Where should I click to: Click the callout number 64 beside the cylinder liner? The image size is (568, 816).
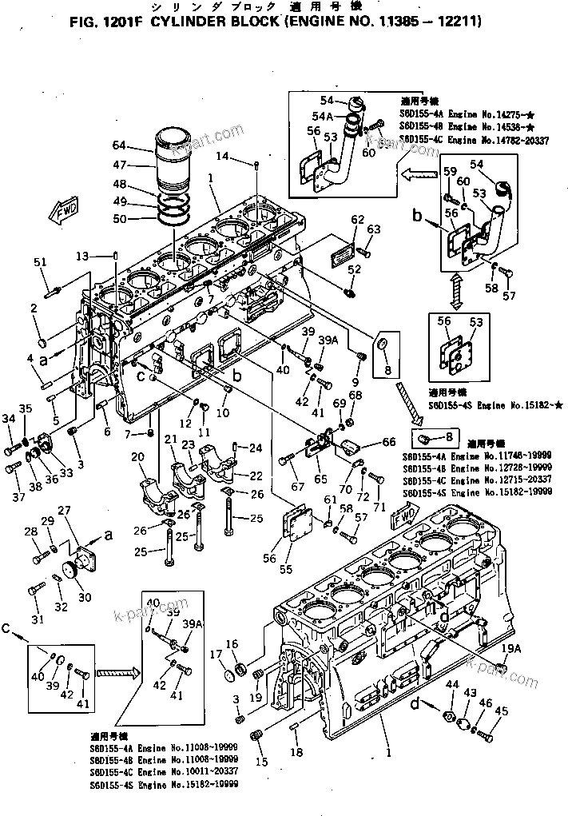pos(119,145)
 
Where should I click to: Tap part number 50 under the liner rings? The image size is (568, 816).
pos(119,218)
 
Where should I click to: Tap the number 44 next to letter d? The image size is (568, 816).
pos(452,684)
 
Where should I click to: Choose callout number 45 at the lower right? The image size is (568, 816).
pos(502,711)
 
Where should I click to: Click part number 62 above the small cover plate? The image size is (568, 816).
pos(357,219)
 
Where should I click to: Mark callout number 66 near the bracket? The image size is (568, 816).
pos(388,442)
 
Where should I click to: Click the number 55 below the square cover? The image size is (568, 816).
pos(284,569)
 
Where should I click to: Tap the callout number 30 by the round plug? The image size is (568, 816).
pos(84,597)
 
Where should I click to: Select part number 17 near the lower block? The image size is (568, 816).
pos(216,654)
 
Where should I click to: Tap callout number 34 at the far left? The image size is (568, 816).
pos(9,418)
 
